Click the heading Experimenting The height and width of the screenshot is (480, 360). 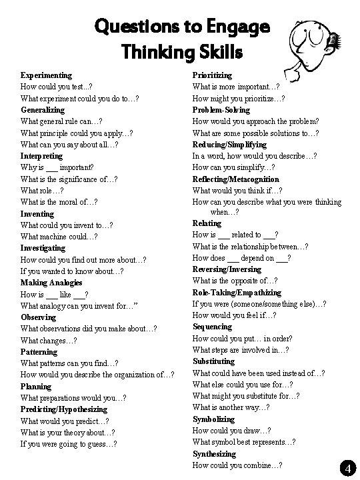coord(46,75)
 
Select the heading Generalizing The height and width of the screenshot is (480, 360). coord(43,109)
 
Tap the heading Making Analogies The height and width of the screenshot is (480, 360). coord(52,283)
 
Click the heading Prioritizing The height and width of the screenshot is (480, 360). coord(212,75)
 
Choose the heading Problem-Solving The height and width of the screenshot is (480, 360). coord(221,109)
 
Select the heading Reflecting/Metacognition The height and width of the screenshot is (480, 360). coord(235,179)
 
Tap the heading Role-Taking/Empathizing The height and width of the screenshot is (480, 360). coord(237,292)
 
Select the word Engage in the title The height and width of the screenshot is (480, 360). coord(236,28)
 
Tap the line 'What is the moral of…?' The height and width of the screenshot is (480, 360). coord(59,202)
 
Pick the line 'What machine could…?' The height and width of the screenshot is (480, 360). coord(59,236)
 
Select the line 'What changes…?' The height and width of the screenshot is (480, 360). coord(49,340)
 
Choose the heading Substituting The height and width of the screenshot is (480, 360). coord(213,361)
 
